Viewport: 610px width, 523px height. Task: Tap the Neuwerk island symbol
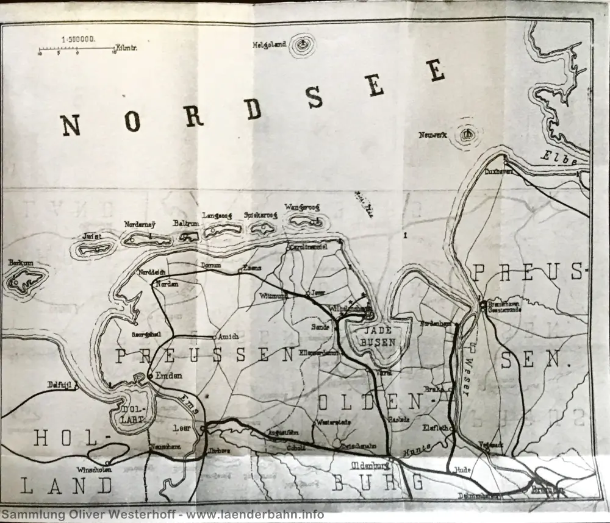(467, 135)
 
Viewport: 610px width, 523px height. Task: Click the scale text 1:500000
(77, 39)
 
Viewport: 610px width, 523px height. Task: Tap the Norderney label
(140, 224)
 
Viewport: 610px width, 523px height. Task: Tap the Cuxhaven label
(498, 171)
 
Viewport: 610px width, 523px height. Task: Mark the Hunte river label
(417, 449)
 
